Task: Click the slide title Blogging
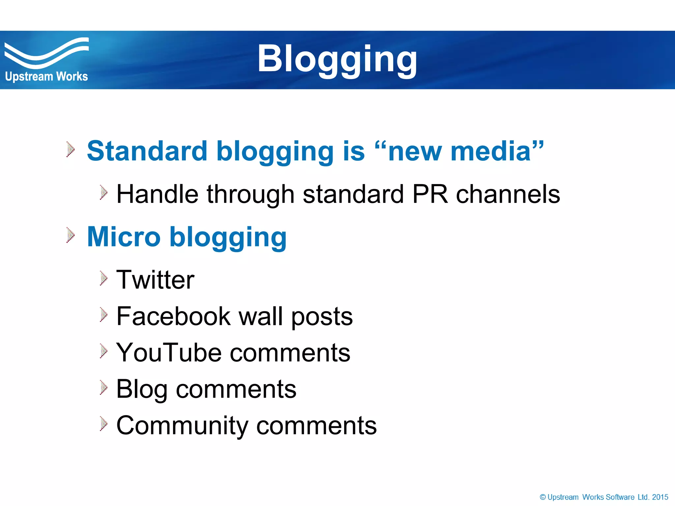[x=337, y=59]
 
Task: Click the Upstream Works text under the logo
[x=46, y=76]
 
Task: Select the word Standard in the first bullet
[x=147, y=151]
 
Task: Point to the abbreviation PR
[x=429, y=194]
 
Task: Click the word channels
[x=508, y=194]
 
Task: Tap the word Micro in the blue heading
[x=124, y=237]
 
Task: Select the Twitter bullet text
[x=155, y=280]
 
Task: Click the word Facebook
[x=173, y=316]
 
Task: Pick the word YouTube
[x=169, y=353]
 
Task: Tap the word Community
[x=182, y=426]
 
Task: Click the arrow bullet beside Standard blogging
[x=70, y=149]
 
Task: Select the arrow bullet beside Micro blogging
[x=70, y=235]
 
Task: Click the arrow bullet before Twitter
[x=103, y=278]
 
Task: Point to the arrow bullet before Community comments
[x=103, y=424]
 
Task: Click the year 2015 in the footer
[x=660, y=497]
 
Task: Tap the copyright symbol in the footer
[x=543, y=497]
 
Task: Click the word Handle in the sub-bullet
[x=157, y=194]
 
